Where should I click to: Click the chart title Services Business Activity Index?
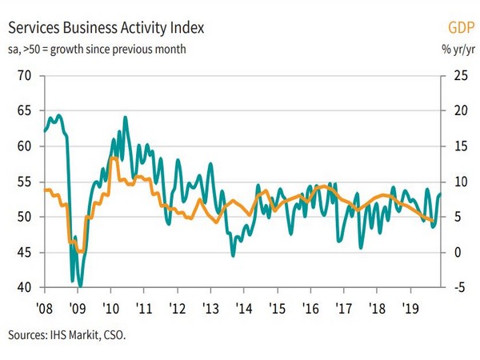pyautogui.click(x=106, y=28)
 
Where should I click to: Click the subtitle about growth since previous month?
pyautogui.click(x=97, y=50)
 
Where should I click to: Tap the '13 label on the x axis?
pyautogui.click(x=210, y=308)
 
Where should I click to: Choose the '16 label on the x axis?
pyautogui.click(x=310, y=308)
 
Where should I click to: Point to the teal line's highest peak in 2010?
pyautogui.click(x=126, y=118)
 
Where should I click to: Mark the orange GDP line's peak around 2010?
pyautogui.click(x=114, y=158)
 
